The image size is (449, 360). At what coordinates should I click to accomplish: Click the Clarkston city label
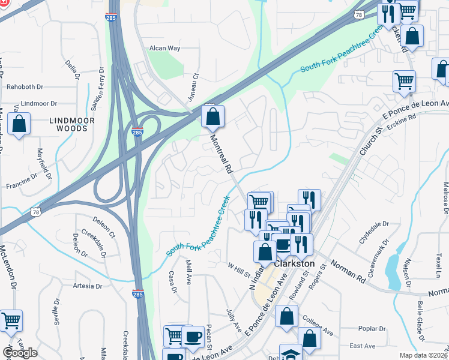coord(294,263)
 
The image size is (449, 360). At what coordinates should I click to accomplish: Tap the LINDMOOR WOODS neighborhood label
coord(71,124)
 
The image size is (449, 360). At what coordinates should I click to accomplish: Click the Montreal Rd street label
coord(220,154)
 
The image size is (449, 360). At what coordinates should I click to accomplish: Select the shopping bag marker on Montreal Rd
coord(212,116)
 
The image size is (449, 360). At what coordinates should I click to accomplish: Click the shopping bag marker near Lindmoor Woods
coord(20,125)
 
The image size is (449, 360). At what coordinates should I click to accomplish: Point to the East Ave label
coord(362,346)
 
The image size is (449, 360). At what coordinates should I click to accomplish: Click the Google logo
coord(20,353)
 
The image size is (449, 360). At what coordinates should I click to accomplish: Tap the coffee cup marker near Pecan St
coord(193,336)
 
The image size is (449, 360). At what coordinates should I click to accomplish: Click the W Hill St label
coord(238,269)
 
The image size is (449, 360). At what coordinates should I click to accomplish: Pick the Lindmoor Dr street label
coord(38,103)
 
